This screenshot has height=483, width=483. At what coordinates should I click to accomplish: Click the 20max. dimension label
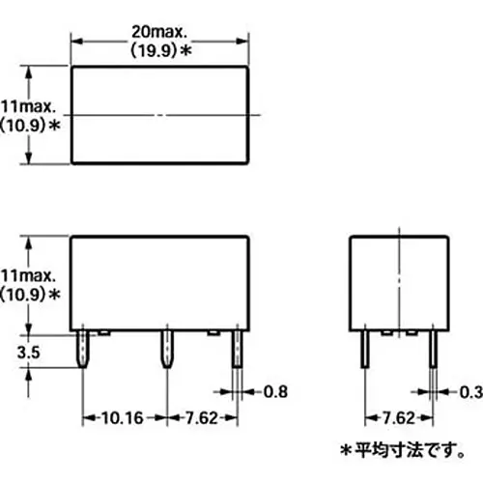(x=159, y=32)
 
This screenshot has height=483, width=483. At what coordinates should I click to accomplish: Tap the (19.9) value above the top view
(x=154, y=50)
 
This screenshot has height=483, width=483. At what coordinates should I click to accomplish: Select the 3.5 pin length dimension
(x=28, y=352)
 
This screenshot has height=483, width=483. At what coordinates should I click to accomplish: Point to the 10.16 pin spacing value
(x=123, y=418)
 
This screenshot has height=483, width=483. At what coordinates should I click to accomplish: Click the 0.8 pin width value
(x=275, y=392)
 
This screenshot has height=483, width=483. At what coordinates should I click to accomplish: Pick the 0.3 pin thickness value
(x=471, y=392)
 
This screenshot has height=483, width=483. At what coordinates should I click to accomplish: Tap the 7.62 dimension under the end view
(x=399, y=418)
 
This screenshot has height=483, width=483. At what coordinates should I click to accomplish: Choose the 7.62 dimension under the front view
(x=202, y=418)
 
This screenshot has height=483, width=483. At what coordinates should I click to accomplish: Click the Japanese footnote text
(x=403, y=450)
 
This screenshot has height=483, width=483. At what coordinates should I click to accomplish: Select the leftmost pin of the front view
(x=83, y=349)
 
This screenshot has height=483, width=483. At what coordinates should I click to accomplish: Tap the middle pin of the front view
(x=167, y=349)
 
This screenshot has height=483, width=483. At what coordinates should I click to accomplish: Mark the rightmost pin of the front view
(x=238, y=349)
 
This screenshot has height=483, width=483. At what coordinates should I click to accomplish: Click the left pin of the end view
(x=365, y=349)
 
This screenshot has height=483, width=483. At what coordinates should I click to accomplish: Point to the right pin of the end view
(x=434, y=349)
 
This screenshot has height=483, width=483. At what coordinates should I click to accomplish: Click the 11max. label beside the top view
(x=28, y=107)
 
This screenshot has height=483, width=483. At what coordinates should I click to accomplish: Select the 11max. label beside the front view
(x=28, y=276)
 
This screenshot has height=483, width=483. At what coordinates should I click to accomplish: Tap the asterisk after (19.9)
(x=185, y=50)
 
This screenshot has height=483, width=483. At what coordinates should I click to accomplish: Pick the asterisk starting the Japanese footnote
(x=346, y=450)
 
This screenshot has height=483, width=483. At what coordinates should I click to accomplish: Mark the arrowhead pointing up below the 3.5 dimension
(x=29, y=374)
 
